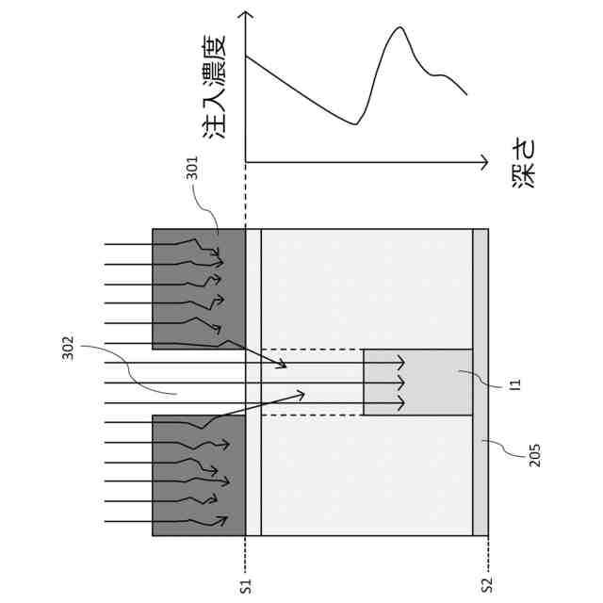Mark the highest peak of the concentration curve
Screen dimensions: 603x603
pyautogui.click(x=399, y=28)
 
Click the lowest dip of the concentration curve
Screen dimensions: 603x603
pyautogui.click(x=356, y=123)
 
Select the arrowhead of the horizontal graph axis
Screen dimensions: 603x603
pyautogui.click(x=482, y=161)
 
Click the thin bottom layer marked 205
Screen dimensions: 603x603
pyautogui.click(x=481, y=382)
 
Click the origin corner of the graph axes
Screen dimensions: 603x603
pyautogui.click(x=245, y=161)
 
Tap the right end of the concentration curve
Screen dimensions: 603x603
pyautogui.click(x=467, y=94)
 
